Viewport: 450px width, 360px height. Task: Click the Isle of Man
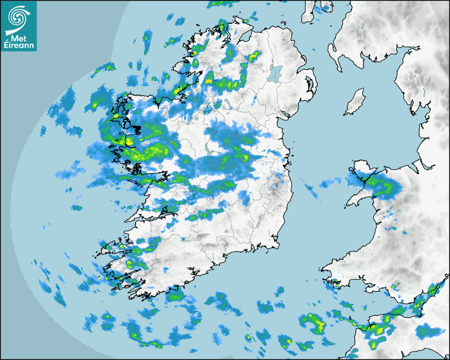tap(355, 102)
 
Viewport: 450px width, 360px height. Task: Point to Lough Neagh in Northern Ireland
tap(275, 73)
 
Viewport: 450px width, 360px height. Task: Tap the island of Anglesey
tap(361, 169)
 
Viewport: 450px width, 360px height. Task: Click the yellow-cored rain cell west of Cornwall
tap(312, 322)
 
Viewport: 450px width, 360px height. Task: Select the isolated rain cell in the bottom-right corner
tap(426, 332)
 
